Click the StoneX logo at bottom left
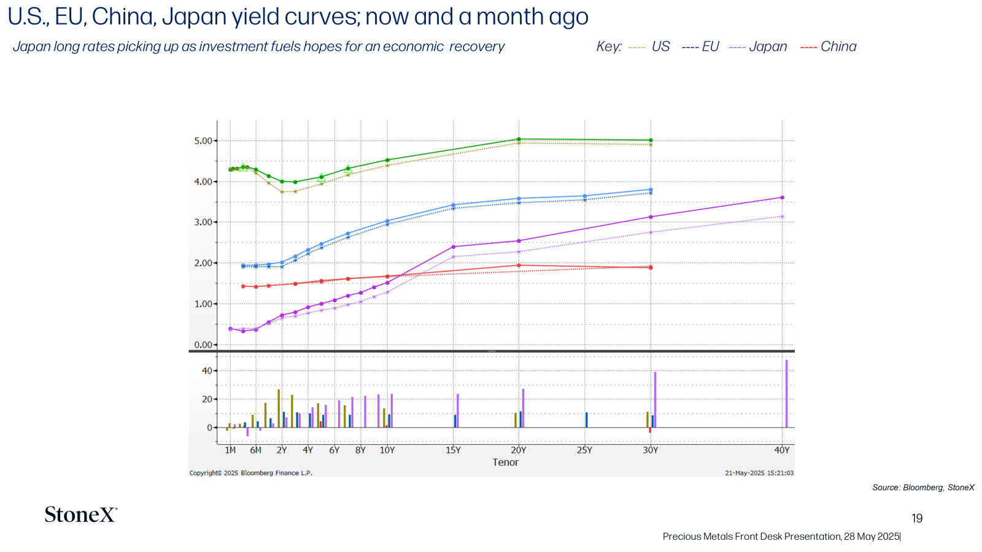[x=81, y=515]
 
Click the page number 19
[x=917, y=518]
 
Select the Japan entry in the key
[x=758, y=47]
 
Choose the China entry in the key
[x=828, y=47]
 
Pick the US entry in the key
[x=649, y=47]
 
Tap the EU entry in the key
[x=700, y=47]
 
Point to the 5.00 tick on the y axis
[x=203, y=141]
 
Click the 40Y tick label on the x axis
[x=782, y=450]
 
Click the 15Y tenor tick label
[x=453, y=450]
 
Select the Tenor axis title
[x=506, y=462]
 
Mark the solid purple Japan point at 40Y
[x=782, y=197]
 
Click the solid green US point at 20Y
[x=519, y=139]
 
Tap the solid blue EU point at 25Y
[x=584, y=196]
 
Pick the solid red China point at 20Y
[x=519, y=266]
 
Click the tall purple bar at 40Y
[x=786, y=394]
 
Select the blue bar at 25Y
[x=587, y=420]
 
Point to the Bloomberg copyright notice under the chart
[x=251, y=473]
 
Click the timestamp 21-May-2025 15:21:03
[x=759, y=473]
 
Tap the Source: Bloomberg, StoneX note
[x=923, y=488]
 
